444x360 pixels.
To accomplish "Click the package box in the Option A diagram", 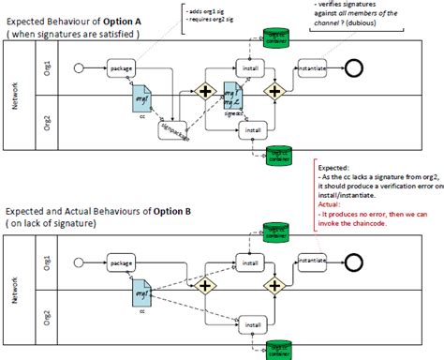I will pyautogui.click(x=121, y=68).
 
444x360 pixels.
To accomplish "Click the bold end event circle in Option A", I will pyautogui.click(x=353, y=68).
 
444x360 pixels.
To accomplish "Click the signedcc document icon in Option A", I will pyautogui.click(x=233, y=98).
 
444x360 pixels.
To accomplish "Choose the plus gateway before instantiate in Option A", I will pyautogui.click(x=274, y=92).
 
